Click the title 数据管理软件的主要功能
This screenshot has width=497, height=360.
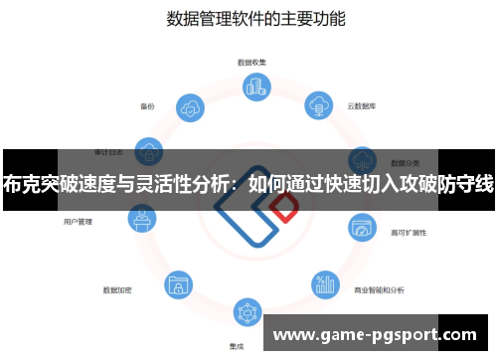[248, 19]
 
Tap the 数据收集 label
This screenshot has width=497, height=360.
[250, 62]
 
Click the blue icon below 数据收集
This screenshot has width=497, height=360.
[249, 88]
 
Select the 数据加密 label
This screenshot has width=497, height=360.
[117, 290]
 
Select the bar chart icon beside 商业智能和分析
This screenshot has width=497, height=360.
[324, 286]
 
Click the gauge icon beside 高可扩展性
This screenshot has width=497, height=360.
[362, 228]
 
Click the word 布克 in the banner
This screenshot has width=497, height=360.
[24, 184]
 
